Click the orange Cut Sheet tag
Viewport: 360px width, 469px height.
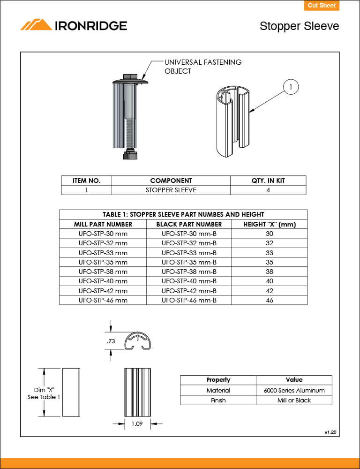[321, 6]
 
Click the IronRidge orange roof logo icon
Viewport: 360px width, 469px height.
[36, 25]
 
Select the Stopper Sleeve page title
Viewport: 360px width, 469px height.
[299, 26]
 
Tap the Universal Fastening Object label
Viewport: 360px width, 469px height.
[202, 67]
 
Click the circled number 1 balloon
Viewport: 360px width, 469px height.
[291, 87]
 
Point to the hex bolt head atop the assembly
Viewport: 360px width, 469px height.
[130, 76]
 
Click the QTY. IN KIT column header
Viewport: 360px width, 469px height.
[268, 181]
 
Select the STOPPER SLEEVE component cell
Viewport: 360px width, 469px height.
[171, 190]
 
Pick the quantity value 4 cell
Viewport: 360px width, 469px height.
[268, 190]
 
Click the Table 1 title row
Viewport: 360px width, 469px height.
[183, 214]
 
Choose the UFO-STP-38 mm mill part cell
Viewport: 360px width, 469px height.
[103, 272]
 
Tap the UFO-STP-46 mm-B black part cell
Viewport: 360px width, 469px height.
[189, 300]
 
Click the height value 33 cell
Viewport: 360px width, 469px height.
[269, 253]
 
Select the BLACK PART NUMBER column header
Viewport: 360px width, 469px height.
[189, 224]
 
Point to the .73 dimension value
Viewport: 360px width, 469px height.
[111, 341]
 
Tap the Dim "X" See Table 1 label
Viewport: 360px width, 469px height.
[44, 393]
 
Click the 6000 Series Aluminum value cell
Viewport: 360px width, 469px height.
[294, 390]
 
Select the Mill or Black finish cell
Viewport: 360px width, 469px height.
[294, 400]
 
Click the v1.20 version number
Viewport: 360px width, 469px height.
[330, 431]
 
